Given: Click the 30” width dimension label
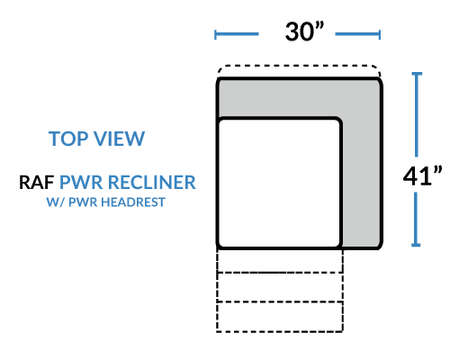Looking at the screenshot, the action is (304, 31).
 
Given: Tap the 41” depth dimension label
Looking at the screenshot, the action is (422, 175).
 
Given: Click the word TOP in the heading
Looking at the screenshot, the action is (68, 139).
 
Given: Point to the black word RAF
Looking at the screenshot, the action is (36, 182).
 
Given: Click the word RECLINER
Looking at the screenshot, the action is (151, 182).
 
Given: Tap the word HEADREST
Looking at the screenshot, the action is (133, 202).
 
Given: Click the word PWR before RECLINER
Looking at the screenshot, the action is (81, 182).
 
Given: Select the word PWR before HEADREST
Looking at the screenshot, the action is (83, 202).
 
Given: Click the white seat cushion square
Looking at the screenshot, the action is (279, 183).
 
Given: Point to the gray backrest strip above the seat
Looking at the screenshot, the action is (299, 98).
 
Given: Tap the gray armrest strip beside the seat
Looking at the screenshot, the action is (362, 183).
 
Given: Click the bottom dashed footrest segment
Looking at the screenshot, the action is (280, 317).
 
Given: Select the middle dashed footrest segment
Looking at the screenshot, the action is (280, 287).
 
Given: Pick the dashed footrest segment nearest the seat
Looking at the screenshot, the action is (280, 261).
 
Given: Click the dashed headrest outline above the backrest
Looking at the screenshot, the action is (299, 66).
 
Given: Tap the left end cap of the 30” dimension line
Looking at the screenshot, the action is (215, 34).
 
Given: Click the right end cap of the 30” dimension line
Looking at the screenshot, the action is (380, 34).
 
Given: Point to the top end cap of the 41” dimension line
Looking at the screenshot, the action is (417, 74).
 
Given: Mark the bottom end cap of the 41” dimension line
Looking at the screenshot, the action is (416, 245).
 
